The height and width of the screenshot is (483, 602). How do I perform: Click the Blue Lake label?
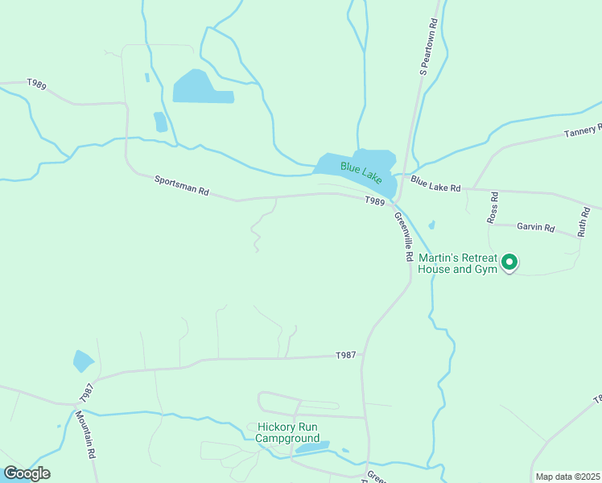(x=361, y=171)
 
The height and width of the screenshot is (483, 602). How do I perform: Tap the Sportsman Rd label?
(x=182, y=187)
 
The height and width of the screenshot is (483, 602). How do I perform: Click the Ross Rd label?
(x=493, y=207)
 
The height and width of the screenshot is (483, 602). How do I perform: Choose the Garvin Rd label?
(x=536, y=228)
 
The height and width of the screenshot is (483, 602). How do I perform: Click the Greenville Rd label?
(x=403, y=236)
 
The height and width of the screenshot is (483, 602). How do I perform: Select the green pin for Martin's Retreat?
(x=509, y=262)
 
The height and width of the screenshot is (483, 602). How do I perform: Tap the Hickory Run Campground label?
(x=288, y=432)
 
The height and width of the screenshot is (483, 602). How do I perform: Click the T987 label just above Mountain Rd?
(x=87, y=392)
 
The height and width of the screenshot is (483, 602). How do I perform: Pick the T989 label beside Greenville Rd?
(x=374, y=201)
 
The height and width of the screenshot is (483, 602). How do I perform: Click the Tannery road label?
(x=583, y=131)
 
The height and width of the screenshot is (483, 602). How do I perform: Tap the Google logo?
(x=27, y=473)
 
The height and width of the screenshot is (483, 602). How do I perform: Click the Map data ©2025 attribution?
(x=567, y=477)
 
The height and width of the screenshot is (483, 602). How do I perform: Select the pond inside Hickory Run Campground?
(x=312, y=447)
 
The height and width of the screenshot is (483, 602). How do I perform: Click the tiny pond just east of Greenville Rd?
(x=432, y=225)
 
